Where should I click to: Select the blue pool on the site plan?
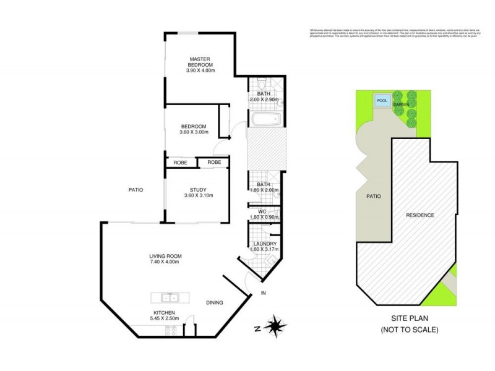click(x=382, y=101)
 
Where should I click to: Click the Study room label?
click(x=198, y=190)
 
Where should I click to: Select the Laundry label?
click(x=265, y=244)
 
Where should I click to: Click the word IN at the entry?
click(x=264, y=292)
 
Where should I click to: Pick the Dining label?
click(x=215, y=302)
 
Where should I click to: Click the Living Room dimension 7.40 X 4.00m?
click(x=163, y=262)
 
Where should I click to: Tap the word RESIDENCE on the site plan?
click(x=420, y=215)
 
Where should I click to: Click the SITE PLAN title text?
click(x=410, y=318)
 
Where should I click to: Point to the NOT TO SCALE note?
click(x=410, y=330)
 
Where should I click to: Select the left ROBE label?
click(x=180, y=162)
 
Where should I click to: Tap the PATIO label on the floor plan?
click(x=136, y=190)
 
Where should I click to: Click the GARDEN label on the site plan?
click(x=402, y=104)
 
